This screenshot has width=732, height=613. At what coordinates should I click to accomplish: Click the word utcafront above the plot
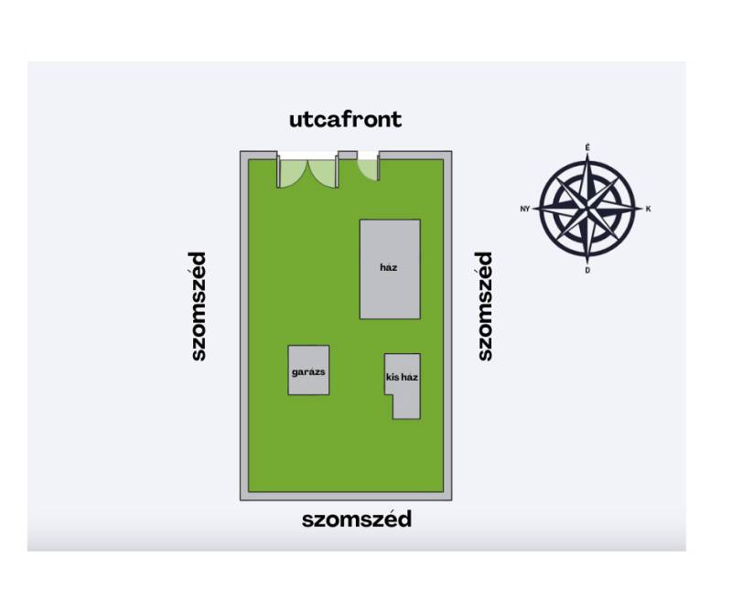point(346,120)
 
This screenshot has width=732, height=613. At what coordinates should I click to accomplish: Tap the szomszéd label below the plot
point(357,519)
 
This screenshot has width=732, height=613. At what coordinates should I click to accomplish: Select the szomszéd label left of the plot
point(198,306)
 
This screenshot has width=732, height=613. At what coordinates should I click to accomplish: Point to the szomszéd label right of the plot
point(485,306)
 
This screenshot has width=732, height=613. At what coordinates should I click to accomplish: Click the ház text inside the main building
point(388,267)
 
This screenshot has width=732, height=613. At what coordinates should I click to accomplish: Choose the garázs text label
point(308,372)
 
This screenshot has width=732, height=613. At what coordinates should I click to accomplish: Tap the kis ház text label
point(402,377)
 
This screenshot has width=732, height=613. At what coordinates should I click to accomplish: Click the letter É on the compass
point(587,147)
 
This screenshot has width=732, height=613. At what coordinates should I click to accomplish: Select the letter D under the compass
point(587,270)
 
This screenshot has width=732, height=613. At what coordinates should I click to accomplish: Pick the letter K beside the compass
point(648,210)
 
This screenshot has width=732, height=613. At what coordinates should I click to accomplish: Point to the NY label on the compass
point(524,210)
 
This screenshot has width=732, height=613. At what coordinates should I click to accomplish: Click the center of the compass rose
point(587,209)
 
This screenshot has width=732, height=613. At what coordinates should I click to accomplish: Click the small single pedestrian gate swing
point(369,169)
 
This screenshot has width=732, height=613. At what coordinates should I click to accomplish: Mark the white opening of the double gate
point(307,156)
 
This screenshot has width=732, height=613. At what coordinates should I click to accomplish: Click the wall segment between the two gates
point(348,156)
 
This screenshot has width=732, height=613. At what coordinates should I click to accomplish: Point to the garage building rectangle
point(308,371)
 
